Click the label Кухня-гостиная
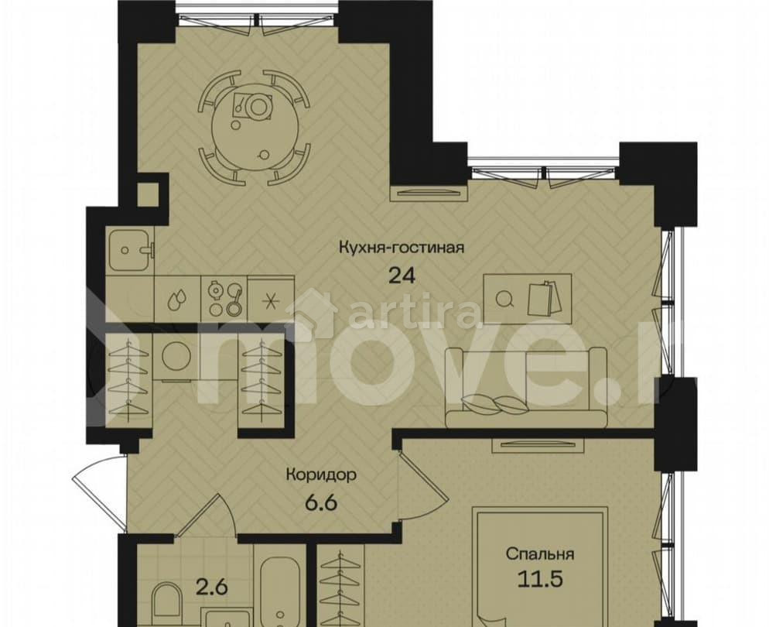click(401, 248)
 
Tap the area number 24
click(401, 276)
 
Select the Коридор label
click(321, 475)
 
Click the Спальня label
click(540, 554)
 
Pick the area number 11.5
click(540, 581)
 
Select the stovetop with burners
click(224, 296)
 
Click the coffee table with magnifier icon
click(529, 295)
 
